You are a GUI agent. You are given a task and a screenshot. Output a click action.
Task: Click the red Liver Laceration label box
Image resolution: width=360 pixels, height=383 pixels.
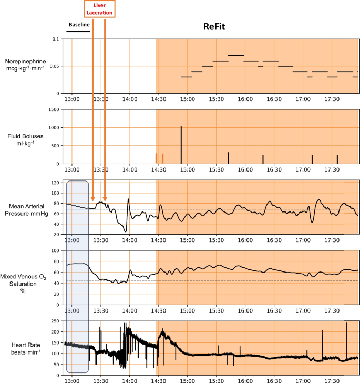point(99,9)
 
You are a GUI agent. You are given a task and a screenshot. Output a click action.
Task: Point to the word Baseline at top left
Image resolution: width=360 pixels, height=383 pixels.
point(79,24)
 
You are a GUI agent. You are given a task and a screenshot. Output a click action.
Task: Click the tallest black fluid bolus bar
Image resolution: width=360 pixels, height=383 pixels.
point(181,145)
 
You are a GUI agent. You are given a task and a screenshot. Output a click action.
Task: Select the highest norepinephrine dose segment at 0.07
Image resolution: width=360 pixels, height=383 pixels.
point(235,55)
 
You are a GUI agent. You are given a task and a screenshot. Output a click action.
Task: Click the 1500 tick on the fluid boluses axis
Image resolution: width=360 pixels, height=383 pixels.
point(53,109)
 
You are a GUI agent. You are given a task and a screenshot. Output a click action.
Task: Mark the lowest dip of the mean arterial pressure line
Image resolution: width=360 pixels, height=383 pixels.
point(125,231)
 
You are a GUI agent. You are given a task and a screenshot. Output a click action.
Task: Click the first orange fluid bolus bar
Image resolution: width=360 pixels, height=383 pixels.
point(156,158)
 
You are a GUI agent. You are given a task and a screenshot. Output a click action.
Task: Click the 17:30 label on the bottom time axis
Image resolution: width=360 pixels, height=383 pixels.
point(332,379)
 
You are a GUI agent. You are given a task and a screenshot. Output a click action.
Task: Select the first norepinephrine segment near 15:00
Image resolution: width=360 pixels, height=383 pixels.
point(186,77)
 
